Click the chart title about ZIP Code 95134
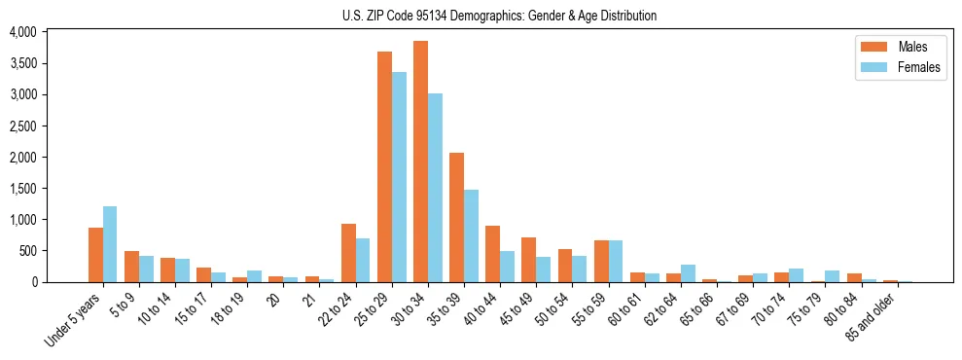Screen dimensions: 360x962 [x=499, y=16]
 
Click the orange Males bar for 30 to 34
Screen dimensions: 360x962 [x=420, y=162]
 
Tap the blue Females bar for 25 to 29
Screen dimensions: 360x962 [x=399, y=177]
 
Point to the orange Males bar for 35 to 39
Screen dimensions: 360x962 [x=456, y=217]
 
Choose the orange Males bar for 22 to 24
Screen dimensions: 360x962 [x=348, y=253]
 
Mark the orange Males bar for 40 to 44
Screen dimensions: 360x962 [x=492, y=254]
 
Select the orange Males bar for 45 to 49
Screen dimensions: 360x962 [x=528, y=260]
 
